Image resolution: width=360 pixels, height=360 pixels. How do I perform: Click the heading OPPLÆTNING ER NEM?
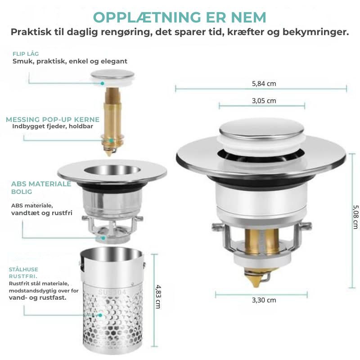tap(180, 18)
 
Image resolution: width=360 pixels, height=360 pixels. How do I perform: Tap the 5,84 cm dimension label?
tap(264, 84)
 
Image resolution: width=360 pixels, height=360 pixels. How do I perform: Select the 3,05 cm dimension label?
tap(264, 100)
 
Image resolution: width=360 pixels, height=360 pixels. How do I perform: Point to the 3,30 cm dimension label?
tap(264, 300)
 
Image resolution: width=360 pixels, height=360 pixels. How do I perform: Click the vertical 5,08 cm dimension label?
tap(355, 217)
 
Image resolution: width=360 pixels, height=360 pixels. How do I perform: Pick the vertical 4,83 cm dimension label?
tap(158, 297)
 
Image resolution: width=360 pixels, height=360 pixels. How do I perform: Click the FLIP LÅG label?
tap(26, 54)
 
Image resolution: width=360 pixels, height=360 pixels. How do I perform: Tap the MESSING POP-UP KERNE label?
tap(53, 119)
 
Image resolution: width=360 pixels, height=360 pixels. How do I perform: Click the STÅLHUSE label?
tap(23, 269)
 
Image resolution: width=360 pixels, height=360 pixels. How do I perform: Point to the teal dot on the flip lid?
tap(103, 83)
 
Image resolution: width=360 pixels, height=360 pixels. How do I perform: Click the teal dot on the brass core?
tap(111, 140)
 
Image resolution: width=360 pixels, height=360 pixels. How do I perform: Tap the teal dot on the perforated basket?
tap(100, 315)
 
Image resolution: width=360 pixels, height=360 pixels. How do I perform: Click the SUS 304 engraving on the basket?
tap(112, 292)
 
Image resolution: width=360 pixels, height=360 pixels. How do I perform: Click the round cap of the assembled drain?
tap(261, 129)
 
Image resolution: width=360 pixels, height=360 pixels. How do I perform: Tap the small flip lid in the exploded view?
tap(112, 76)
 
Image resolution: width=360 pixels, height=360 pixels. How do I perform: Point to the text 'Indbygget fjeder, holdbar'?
tap(53, 126)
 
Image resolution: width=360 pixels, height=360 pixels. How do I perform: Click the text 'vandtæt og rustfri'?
tap(42, 213)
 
